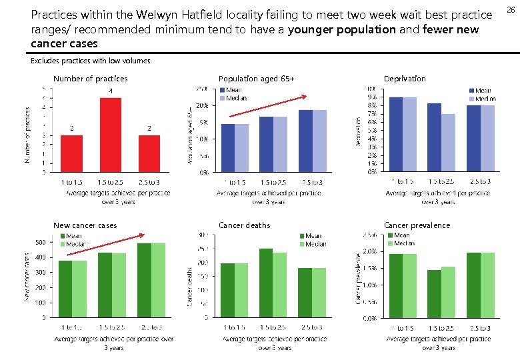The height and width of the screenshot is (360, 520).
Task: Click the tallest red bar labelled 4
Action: pyautogui.click(x=110, y=135)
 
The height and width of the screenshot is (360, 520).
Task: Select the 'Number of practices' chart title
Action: pyautogui.click(x=90, y=79)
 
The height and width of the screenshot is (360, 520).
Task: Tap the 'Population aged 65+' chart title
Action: pyautogui.click(x=256, y=79)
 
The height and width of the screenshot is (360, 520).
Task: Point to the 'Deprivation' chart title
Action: pyautogui.click(x=405, y=79)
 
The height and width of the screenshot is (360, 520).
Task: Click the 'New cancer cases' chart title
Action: pyautogui.click(x=85, y=225)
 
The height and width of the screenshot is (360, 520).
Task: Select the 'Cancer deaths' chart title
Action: pyautogui.click(x=244, y=225)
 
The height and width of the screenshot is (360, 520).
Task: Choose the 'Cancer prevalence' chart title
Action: pyautogui.click(x=417, y=225)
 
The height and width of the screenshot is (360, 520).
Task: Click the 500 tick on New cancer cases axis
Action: pyautogui.click(x=40, y=242)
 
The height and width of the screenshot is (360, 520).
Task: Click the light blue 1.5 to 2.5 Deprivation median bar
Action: pyautogui.click(x=448, y=143)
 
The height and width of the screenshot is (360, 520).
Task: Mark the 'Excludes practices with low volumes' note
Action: pyautogui.click(x=91, y=61)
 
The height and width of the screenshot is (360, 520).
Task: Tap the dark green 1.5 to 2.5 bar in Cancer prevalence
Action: pyautogui.click(x=435, y=293)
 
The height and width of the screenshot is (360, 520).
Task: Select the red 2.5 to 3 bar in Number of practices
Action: pyautogui.click(x=149, y=153)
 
